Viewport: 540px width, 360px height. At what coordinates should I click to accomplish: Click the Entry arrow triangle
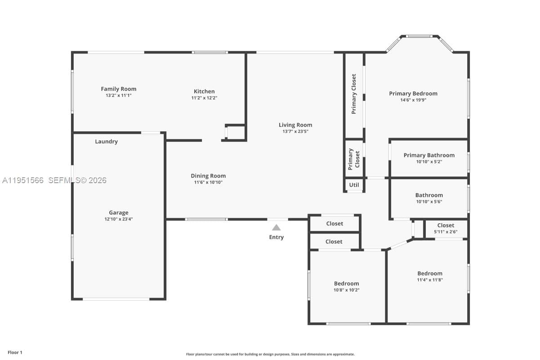pos(276,228)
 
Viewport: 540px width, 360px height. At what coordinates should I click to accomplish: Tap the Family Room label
pos(119,89)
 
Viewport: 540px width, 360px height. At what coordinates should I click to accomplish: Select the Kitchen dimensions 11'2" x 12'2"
pos(204,98)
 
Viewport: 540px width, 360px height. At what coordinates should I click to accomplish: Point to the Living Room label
pos(295,125)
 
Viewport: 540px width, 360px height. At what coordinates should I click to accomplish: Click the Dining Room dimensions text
pos(208,182)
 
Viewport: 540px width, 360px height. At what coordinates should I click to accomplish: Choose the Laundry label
pos(106,141)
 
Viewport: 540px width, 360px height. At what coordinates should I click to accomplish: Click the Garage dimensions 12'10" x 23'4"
pos(119,219)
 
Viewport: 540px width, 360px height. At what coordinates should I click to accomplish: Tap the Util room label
pos(354,185)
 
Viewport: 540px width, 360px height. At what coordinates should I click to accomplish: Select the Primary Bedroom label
pos(413,94)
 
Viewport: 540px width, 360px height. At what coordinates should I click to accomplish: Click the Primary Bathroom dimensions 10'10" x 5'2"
pos(429,162)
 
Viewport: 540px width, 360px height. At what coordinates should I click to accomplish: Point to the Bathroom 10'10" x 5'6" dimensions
pos(429,202)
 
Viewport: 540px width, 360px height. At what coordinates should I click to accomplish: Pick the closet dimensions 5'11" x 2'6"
pos(446,232)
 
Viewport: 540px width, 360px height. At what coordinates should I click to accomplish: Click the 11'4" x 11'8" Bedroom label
pos(430,274)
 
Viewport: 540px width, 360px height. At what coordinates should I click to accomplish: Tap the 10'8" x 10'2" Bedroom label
pos(346,283)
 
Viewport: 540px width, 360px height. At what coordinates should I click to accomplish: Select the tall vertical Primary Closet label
pos(354,94)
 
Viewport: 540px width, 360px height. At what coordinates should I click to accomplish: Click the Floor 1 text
pos(15,352)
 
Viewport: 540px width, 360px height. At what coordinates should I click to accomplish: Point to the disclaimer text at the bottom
pos(270,354)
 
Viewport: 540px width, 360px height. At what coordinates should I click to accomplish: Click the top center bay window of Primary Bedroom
pos(419,36)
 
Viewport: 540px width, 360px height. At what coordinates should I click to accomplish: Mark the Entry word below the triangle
pos(276,237)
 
